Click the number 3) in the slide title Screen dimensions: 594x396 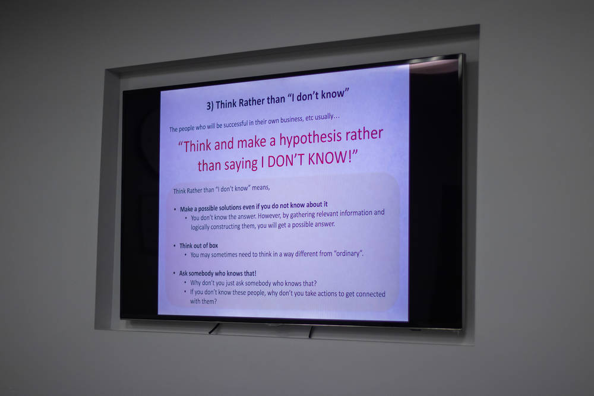pyautogui.click(x=210, y=106)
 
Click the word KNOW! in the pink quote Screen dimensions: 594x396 pyautogui.click(x=333, y=159)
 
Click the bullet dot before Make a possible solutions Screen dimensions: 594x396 pyautogui.click(x=175, y=209)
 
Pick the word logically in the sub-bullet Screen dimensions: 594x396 pyautogui.click(x=200, y=227)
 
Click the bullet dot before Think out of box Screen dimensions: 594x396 pyautogui.click(x=175, y=246)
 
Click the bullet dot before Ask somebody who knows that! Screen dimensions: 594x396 pyautogui.click(x=174, y=273)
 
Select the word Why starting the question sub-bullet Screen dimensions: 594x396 pyautogui.click(x=195, y=283)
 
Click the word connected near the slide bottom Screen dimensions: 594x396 pyautogui.click(x=371, y=294)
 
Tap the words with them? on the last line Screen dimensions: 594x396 pyautogui.click(x=203, y=302)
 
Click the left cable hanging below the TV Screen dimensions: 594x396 pyautogui.click(x=214, y=328)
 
